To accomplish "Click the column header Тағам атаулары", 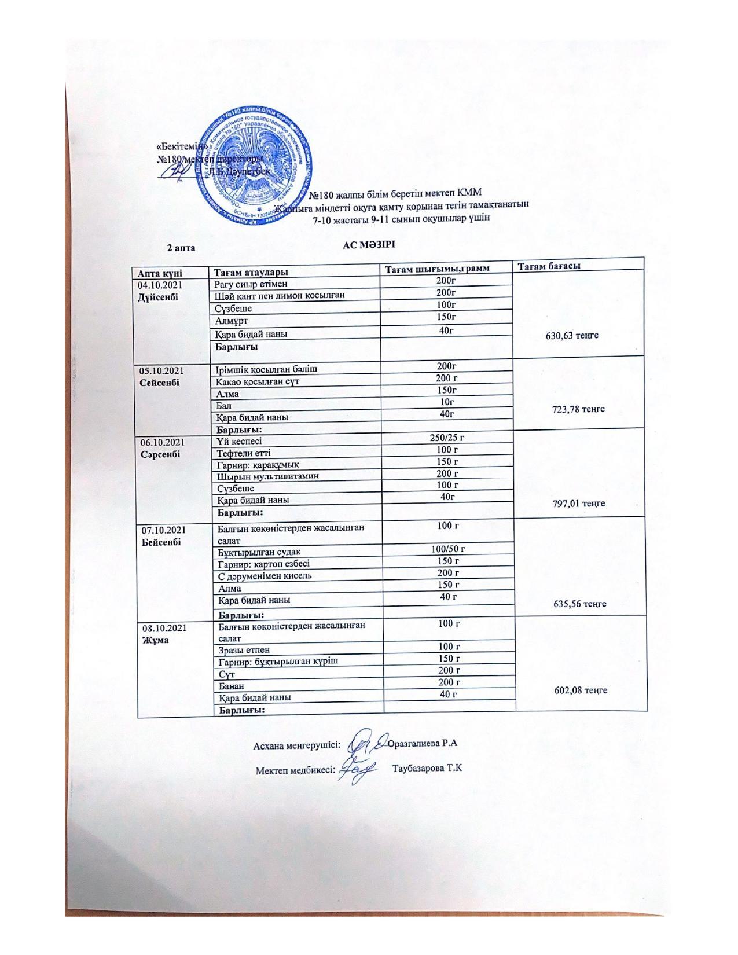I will coord(251,272).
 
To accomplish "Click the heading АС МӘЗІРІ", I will coord(368,245).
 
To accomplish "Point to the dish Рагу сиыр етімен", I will coord(251,284).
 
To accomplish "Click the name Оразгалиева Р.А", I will coord(423,744).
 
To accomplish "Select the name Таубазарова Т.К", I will coord(428,769).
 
